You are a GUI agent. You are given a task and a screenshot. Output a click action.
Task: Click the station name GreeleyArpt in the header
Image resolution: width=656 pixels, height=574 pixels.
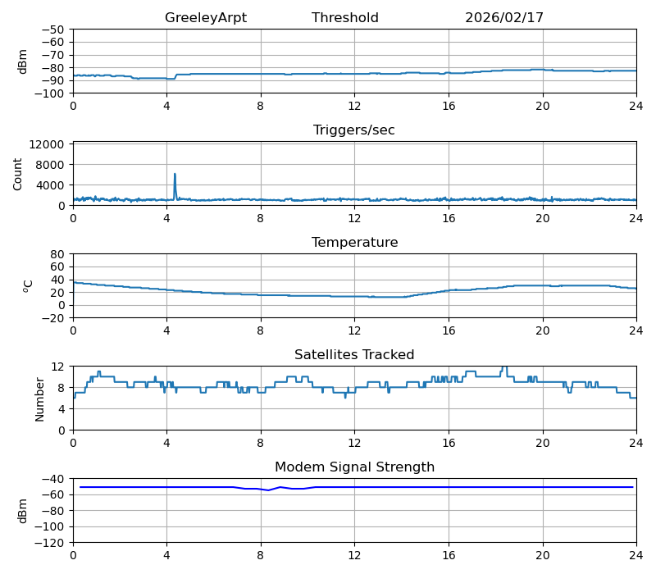point(205,18)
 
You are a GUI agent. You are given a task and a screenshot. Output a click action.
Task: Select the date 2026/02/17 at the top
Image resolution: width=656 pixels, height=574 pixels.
point(504,18)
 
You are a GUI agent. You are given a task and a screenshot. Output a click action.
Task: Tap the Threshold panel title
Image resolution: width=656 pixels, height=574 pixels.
point(344,18)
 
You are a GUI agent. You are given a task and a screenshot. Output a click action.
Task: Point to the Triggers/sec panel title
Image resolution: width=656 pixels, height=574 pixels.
point(354,130)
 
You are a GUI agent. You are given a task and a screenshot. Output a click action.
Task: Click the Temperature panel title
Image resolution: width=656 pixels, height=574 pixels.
point(354,243)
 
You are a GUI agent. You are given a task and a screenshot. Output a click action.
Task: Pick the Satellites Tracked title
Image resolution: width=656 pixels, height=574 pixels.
point(354,355)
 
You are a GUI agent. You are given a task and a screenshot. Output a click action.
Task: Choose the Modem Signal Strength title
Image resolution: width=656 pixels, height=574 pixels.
point(354,467)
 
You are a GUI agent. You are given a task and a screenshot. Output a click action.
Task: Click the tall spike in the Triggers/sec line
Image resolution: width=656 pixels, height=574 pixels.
point(175,175)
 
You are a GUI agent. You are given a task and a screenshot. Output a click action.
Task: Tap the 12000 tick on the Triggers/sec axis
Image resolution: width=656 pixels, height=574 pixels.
point(48,144)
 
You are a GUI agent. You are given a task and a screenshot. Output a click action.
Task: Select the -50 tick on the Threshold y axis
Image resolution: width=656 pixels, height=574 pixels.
point(54,30)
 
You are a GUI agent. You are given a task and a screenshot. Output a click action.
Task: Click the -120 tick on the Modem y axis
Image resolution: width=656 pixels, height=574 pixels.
point(51,543)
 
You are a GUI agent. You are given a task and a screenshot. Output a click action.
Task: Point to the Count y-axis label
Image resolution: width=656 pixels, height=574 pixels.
point(18,174)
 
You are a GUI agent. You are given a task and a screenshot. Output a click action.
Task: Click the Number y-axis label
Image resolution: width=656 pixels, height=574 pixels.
point(40,399)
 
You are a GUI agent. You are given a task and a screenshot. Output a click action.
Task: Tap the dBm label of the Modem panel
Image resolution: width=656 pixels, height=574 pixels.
point(23,510)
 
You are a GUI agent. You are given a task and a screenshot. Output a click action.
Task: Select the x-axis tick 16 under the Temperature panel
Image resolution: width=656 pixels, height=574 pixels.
point(449,330)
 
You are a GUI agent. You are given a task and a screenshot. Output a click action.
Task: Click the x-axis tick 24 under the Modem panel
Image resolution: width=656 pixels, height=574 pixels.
point(635,554)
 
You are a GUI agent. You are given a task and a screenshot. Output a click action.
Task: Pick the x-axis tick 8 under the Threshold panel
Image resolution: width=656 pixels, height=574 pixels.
point(261,105)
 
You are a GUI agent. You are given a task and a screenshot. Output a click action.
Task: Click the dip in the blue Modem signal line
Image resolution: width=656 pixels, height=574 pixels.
point(268,490)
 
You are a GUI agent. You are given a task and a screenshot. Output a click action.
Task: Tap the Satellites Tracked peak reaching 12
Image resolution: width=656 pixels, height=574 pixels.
point(504,367)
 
